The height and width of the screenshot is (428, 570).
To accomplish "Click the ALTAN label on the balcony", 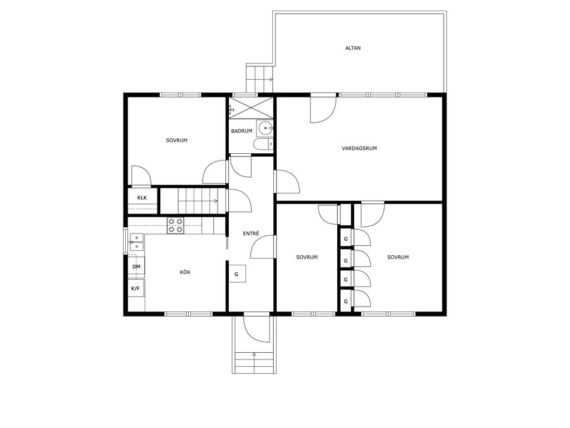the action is [352, 48].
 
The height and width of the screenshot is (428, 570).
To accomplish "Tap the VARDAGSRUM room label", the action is [359, 148].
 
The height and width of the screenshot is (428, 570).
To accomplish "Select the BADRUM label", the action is [242, 131].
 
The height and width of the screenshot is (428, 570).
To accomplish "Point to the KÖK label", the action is [185, 272].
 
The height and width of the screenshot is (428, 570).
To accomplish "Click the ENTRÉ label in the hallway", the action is [251, 234].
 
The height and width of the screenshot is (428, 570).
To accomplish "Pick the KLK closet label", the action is [142, 198].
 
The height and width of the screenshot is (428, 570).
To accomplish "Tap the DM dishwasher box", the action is [136, 267].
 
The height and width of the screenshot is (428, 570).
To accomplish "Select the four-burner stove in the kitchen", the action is [175, 225].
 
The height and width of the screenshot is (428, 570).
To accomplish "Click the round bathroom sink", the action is [266, 128].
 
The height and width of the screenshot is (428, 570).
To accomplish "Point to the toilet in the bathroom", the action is [263, 144].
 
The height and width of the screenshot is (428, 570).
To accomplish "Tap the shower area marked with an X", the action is [251, 108].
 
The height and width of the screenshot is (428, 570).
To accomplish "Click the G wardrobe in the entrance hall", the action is [237, 274].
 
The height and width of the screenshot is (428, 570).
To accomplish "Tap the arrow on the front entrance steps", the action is [254, 354].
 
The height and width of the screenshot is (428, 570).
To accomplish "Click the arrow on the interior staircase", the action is [215, 201].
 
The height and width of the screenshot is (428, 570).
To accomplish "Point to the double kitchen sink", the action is [137, 242].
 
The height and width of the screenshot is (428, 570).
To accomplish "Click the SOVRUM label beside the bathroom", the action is [176, 140].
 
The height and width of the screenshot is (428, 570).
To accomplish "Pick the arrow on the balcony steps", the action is [270, 79].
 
